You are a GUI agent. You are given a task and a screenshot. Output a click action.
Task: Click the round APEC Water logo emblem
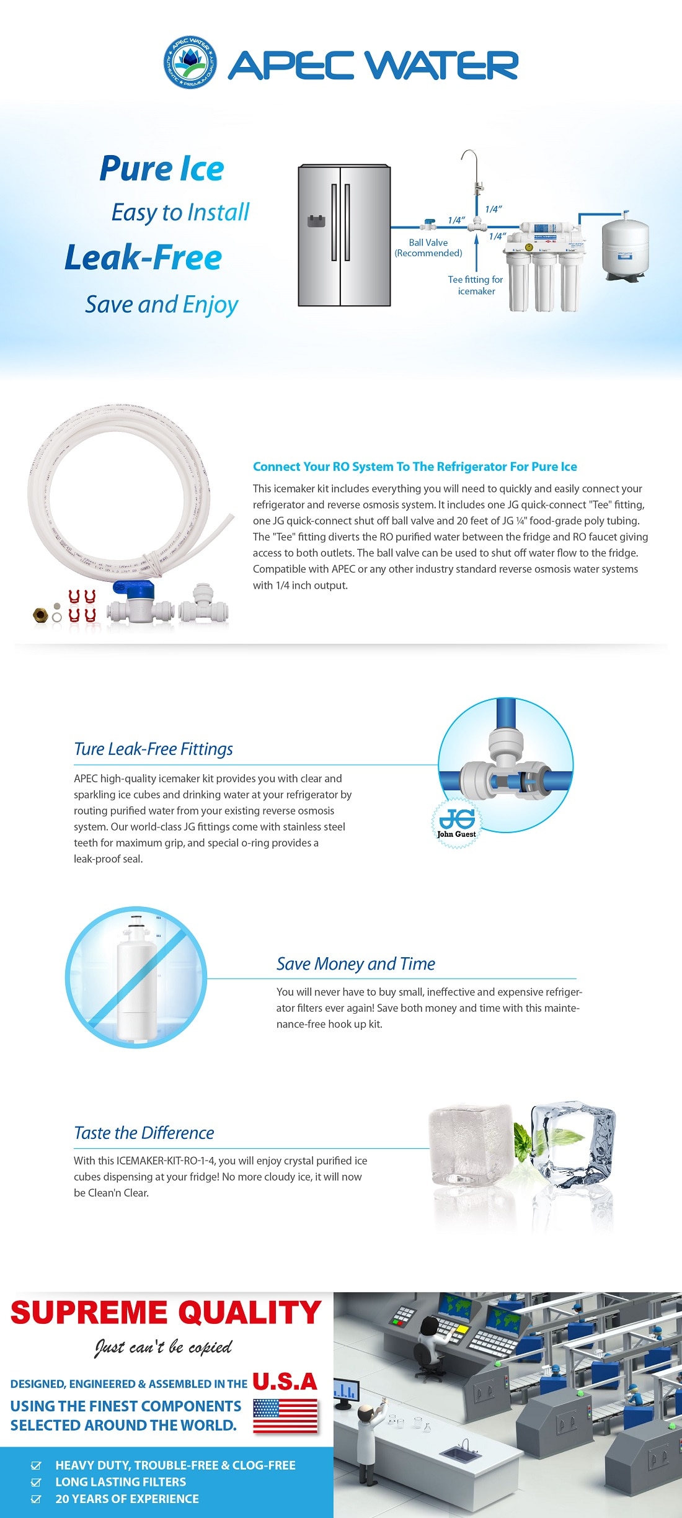[190, 62]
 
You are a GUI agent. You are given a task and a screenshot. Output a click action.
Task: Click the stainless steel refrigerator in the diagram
[344, 235]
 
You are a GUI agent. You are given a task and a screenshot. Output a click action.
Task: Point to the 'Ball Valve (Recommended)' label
[428, 248]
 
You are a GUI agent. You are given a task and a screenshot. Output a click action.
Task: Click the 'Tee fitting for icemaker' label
[476, 285]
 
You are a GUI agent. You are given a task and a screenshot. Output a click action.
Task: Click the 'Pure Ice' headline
[162, 169]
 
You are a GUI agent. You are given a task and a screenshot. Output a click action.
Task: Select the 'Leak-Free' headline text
[143, 257]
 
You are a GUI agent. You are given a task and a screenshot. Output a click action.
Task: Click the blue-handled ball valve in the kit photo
[133, 602]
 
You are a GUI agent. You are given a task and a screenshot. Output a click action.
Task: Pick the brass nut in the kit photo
[41, 615]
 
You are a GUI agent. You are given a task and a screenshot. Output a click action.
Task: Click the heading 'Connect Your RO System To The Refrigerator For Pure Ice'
[415, 467]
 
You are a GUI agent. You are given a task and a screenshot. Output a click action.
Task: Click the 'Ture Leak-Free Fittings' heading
[153, 749]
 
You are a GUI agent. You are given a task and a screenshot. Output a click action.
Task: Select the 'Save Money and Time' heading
[355, 963]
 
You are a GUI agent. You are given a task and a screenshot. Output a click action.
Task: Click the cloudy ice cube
[471, 1145]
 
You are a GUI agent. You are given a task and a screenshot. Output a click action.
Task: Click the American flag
[285, 1416]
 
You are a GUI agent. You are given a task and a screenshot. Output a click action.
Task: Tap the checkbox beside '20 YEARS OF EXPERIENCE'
[36, 1499]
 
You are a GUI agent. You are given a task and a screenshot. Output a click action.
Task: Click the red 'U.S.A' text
[285, 1381]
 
